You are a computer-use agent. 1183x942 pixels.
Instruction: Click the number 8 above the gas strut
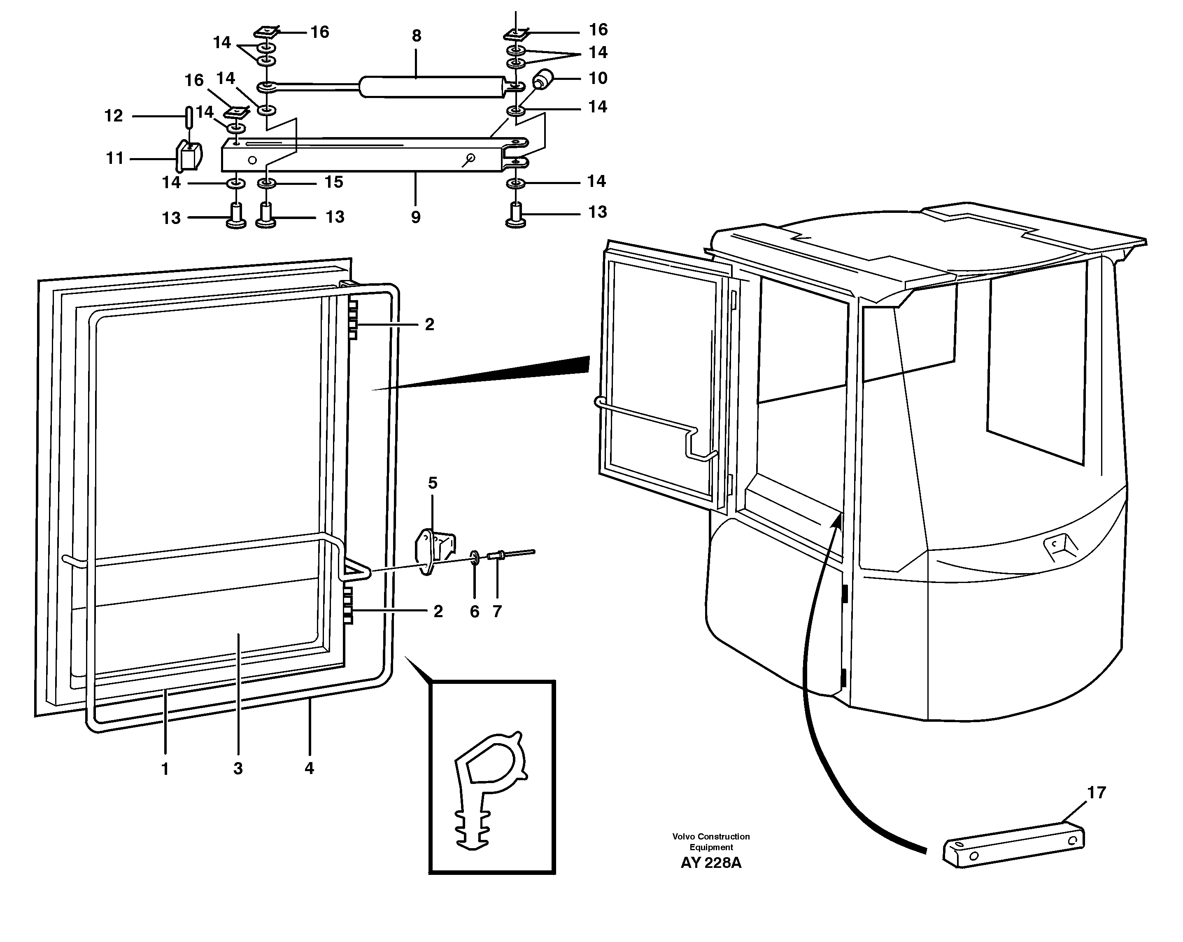point(417,36)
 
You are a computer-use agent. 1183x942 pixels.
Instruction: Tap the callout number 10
point(598,79)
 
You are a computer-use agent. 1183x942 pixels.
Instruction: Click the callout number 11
point(115,159)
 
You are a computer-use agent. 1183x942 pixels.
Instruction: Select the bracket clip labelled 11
point(188,156)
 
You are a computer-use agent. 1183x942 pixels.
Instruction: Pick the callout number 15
point(333,182)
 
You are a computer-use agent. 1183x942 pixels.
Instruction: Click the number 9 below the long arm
point(415,217)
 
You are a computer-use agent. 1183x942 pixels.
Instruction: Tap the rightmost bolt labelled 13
point(516,215)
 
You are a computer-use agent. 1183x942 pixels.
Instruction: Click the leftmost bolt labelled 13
point(236,216)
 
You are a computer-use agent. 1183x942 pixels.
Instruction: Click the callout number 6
point(475,611)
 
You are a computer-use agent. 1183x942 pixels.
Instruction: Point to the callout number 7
point(497,611)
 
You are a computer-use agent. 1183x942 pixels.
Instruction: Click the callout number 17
point(1096,793)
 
